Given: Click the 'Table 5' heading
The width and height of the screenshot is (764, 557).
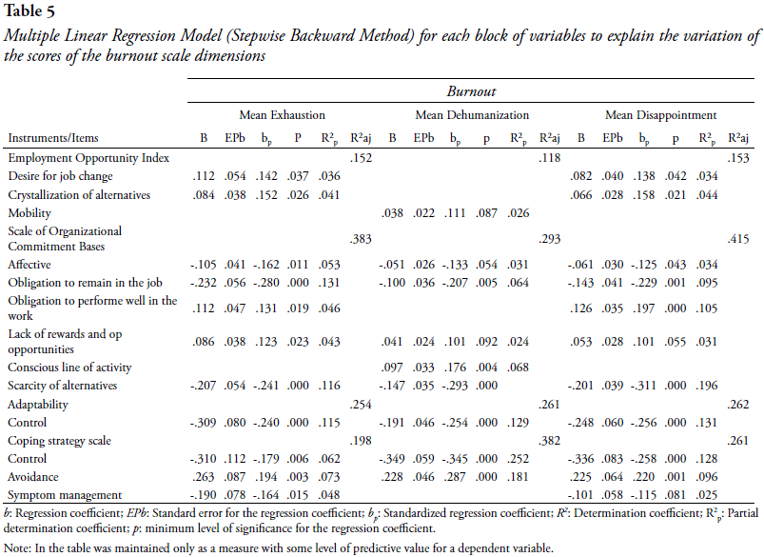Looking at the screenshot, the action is [x=29, y=10].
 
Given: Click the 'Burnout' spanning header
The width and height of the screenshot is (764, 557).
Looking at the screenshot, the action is [x=471, y=91].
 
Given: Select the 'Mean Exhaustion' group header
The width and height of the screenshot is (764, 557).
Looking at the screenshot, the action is [x=283, y=115].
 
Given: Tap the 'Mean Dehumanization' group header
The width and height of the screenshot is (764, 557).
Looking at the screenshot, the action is [x=472, y=115].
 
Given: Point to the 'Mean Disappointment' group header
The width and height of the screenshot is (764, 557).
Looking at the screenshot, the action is [x=660, y=115].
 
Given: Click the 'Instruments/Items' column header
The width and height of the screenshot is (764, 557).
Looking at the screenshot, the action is [x=53, y=138].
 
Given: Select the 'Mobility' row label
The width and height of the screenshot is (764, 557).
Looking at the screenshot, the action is [x=29, y=213].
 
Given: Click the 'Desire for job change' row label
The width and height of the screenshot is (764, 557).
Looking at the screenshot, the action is [x=60, y=176].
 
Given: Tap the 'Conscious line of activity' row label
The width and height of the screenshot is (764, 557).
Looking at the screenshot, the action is [x=69, y=368].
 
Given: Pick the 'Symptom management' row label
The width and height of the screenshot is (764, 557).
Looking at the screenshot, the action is [x=65, y=495].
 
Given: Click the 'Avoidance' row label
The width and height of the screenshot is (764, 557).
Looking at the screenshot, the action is [x=33, y=476].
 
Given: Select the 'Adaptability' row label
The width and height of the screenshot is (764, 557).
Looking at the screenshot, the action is [x=38, y=405].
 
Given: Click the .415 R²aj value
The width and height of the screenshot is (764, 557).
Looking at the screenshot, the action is [x=738, y=239].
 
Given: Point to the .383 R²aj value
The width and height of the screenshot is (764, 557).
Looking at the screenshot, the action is [x=361, y=239].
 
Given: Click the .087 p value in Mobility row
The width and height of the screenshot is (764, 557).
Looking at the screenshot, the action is [x=486, y=213].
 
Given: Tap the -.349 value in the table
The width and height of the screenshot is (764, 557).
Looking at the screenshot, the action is [x=392, y=459].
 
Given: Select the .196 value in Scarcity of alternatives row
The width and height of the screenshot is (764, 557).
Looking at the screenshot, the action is [x=707, y=386].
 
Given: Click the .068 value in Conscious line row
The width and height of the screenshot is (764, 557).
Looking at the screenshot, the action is [x=518, y=368].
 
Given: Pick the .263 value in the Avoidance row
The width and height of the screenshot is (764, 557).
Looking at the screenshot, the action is [x=204, y=476].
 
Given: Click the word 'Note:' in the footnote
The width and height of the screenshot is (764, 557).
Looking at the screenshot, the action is [x=17, y=548].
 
